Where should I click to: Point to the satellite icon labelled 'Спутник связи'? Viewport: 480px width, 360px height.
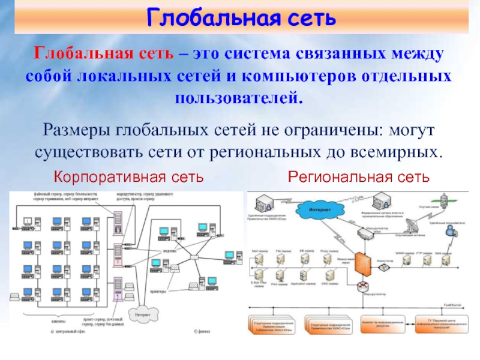445,199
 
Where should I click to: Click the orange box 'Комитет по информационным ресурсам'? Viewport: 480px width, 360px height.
383,323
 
